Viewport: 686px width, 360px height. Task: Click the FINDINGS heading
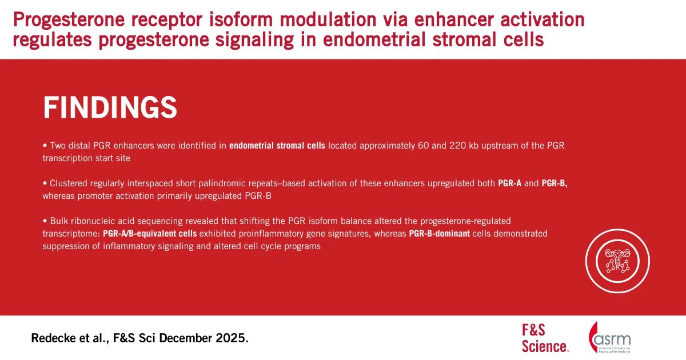[110, 107]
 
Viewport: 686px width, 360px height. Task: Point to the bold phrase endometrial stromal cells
[277, 145]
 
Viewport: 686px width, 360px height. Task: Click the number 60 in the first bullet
[424, 145]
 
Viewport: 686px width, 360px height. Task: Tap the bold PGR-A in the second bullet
[509, 183]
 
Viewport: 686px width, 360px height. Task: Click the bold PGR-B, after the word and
[555, 183]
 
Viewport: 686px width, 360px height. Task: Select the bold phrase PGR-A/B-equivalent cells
[150, 234]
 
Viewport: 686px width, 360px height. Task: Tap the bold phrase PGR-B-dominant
[440, 234]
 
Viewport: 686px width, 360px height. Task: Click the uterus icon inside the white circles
[617, 261]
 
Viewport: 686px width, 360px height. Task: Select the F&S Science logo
[545, 338]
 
